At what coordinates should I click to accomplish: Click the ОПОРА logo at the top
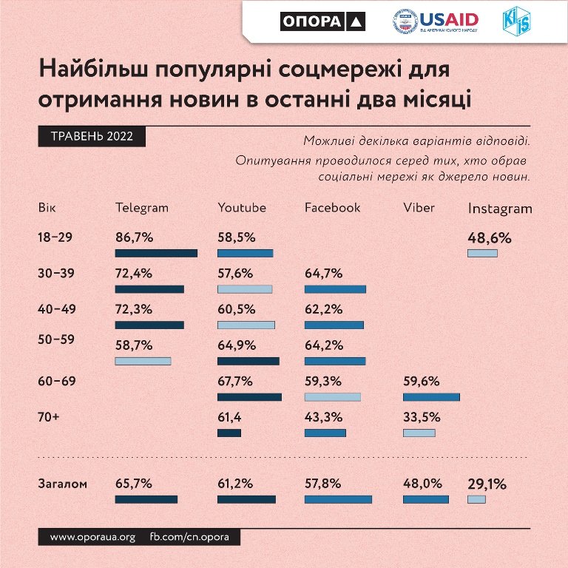(323, 22)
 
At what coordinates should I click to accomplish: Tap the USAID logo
(436, 22)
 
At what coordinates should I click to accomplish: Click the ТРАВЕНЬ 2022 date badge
(92, 137)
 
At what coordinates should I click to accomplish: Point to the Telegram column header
(142, 208)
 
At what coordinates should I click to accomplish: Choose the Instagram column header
(500, 209)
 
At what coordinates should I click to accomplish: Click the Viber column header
(419, 208)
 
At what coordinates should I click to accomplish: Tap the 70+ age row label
(48, 417)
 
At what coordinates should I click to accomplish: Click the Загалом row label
(62, 484)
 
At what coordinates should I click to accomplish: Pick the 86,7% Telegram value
(134, 238)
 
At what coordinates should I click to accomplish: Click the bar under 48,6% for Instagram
(482, 253)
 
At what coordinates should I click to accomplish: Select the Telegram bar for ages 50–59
(143, 361)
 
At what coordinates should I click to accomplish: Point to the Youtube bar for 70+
(229, 433)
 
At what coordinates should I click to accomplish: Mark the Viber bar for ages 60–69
(431, 397)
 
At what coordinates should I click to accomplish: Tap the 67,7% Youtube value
(236, 382)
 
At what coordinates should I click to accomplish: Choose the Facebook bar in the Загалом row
(338, 499)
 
